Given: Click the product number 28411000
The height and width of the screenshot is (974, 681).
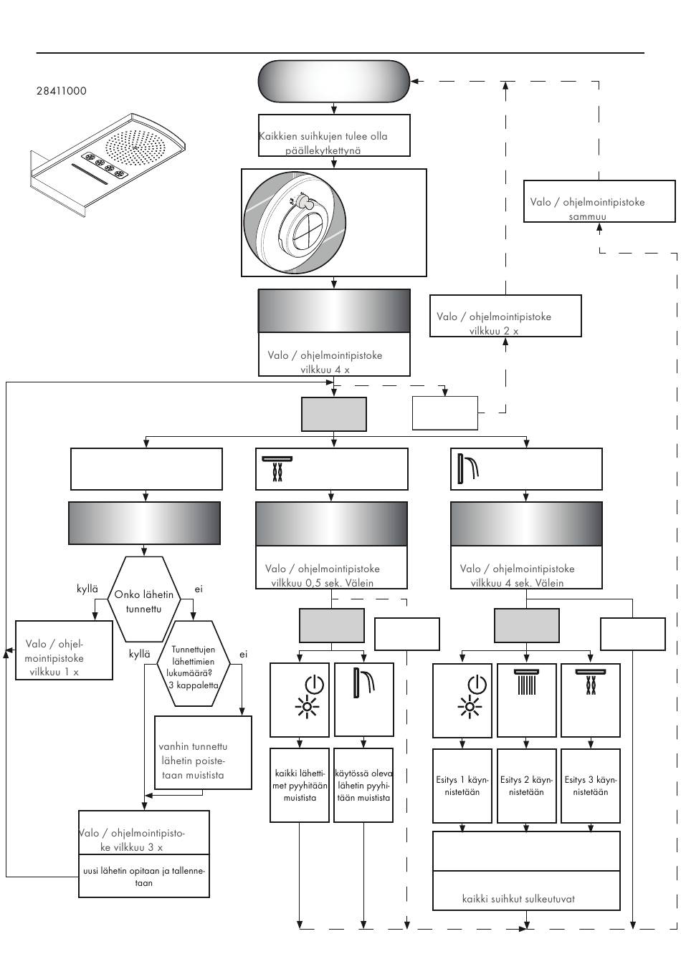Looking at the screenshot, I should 62,91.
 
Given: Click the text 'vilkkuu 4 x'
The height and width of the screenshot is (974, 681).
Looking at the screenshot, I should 325,370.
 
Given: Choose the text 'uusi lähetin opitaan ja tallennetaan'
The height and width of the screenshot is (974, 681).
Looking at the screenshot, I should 144,877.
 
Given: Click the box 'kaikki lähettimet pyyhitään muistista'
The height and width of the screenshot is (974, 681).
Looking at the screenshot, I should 300,785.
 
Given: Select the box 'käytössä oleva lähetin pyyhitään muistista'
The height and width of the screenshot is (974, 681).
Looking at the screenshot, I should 364,785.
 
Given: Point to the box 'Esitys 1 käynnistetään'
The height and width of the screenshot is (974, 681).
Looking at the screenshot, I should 462,786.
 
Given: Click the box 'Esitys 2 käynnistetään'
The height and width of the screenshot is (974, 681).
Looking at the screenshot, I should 526,786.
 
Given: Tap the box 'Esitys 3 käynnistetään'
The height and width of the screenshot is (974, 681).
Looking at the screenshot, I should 590,786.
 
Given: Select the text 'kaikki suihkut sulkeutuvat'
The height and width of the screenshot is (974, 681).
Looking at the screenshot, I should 518,899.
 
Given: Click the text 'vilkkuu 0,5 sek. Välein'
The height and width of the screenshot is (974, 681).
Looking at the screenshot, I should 322,583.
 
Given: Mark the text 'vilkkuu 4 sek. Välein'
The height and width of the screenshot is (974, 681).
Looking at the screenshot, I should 517,583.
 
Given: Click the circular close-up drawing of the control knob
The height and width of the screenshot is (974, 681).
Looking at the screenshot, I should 296,222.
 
